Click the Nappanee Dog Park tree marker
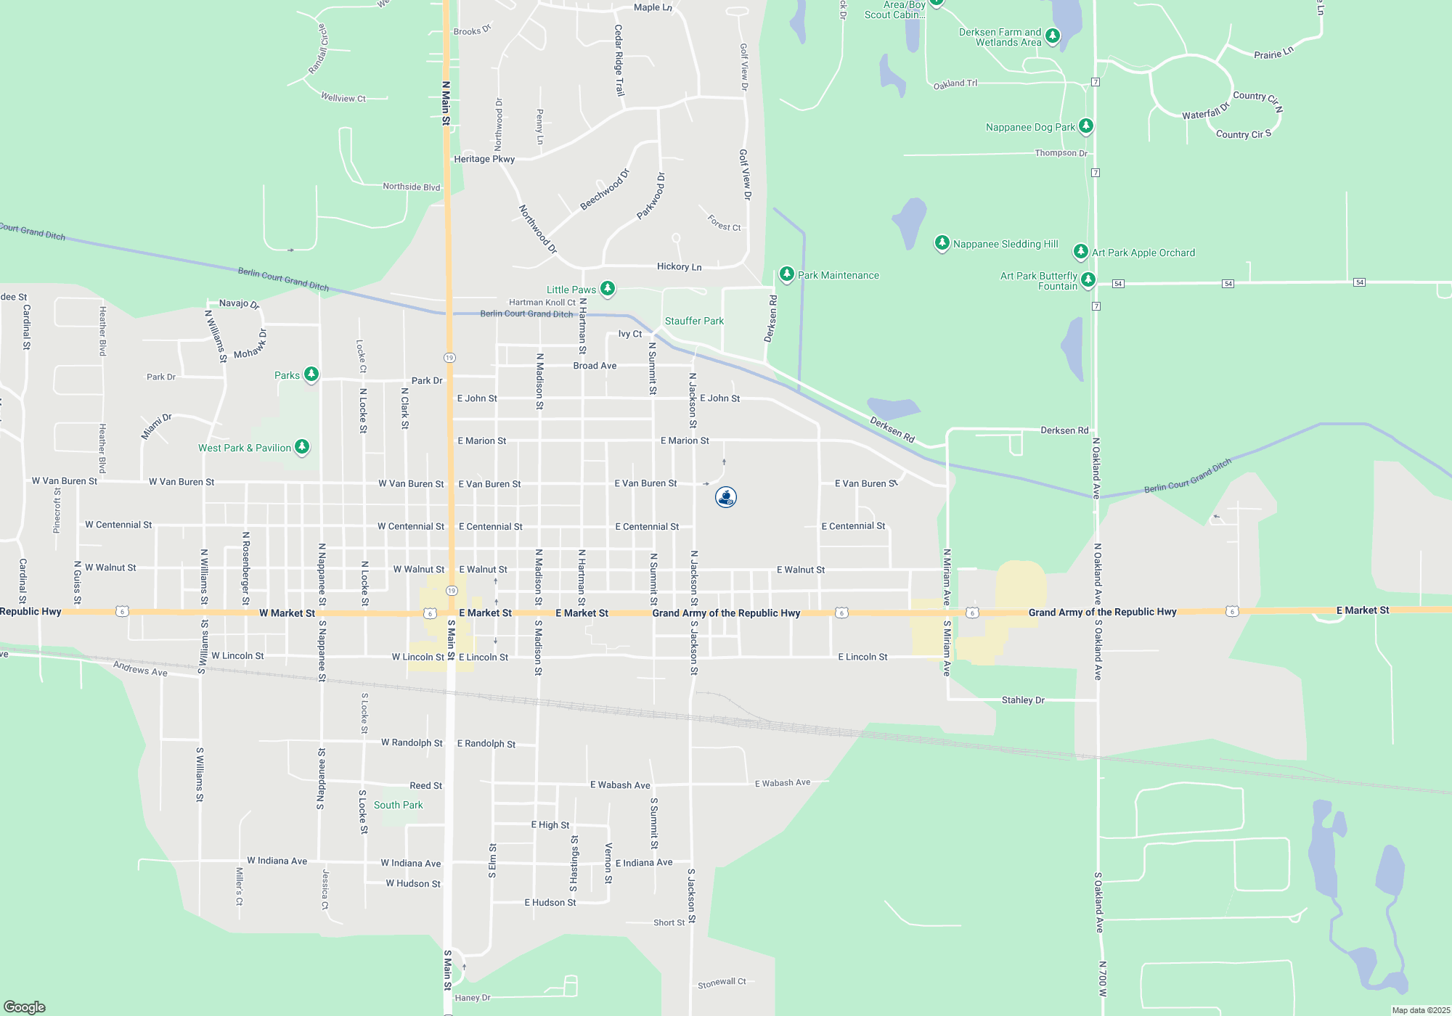pos(1085,126)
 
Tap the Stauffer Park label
pos(694,321)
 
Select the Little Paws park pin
pos(608,289)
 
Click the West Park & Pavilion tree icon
pos(302,447)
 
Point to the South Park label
pos(398,805)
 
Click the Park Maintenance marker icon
pos(786,274)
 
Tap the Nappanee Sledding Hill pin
pos(942,243)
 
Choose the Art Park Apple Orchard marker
pos(1080,252)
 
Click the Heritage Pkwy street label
pos(484,159)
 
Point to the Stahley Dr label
pos(1023,700)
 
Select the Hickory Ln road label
pos(679,267)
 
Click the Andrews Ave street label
pos(140,668)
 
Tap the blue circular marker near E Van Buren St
pos(726,497)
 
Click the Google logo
pos(25,1007)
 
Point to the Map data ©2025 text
pos(1420,1010)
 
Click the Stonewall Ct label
pos(722,983)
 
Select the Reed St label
pos(425,785)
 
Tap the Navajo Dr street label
pos(239,303)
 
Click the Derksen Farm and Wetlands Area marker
pos(1053,36)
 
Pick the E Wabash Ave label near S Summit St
pos(620,785)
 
